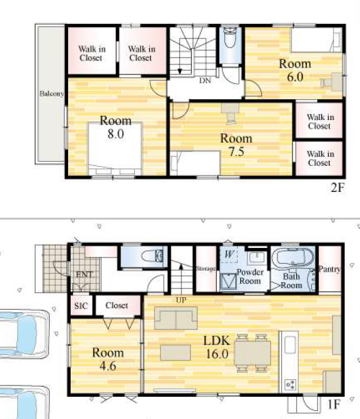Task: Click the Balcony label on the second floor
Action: [52, 93]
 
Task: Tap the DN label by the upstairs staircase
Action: [205, 80]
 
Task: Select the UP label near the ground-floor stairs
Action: [181, 300]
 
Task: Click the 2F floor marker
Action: [337, 187]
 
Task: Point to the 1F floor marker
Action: [334, 404]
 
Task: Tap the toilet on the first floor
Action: [152, 256]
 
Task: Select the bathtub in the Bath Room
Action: [293, 257]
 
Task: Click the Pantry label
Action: [330, 269]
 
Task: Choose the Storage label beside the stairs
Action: [206, 268]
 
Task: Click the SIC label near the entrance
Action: [81, 305]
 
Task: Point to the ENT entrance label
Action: [84, 274]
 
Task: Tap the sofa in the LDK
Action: [176, 318]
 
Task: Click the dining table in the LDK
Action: [252, 353]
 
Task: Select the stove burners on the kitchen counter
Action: [290, 385]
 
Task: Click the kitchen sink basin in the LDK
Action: [290, 345]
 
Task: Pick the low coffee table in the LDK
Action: [175, 353]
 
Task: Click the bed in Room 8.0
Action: [115, 149]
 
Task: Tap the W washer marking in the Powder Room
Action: [229, 254]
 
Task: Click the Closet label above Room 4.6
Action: [117, 305]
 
